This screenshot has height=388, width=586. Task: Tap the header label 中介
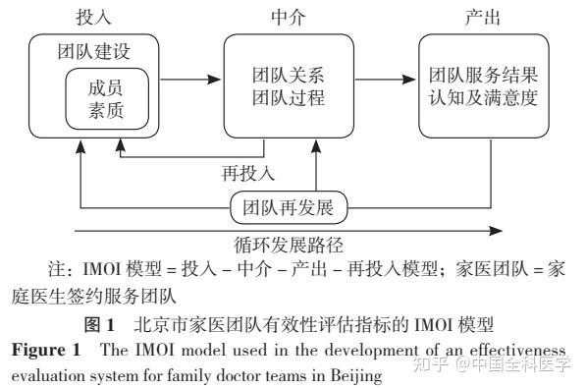pos(285,17)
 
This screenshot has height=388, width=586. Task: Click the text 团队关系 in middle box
pos(285,75)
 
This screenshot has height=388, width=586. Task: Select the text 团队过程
pos(285,98)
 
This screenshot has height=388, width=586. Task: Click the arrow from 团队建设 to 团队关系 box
pos(193,75)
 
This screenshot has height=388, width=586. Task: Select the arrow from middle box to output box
pos(384,75)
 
